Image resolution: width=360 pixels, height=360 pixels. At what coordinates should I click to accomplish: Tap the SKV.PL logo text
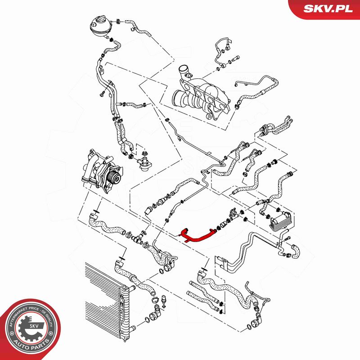(328, 9)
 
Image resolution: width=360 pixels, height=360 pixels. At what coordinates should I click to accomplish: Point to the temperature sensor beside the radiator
(164, 301)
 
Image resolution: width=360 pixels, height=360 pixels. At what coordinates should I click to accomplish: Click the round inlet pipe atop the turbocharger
(184, 70)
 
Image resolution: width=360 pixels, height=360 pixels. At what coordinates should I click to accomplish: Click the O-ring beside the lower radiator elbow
(147, 319)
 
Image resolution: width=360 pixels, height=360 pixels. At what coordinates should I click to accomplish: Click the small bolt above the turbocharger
(236, 58)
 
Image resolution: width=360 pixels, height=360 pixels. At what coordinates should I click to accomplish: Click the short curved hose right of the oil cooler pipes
(296, 252)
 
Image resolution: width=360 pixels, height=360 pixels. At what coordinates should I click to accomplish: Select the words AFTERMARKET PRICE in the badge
(25, 311)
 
